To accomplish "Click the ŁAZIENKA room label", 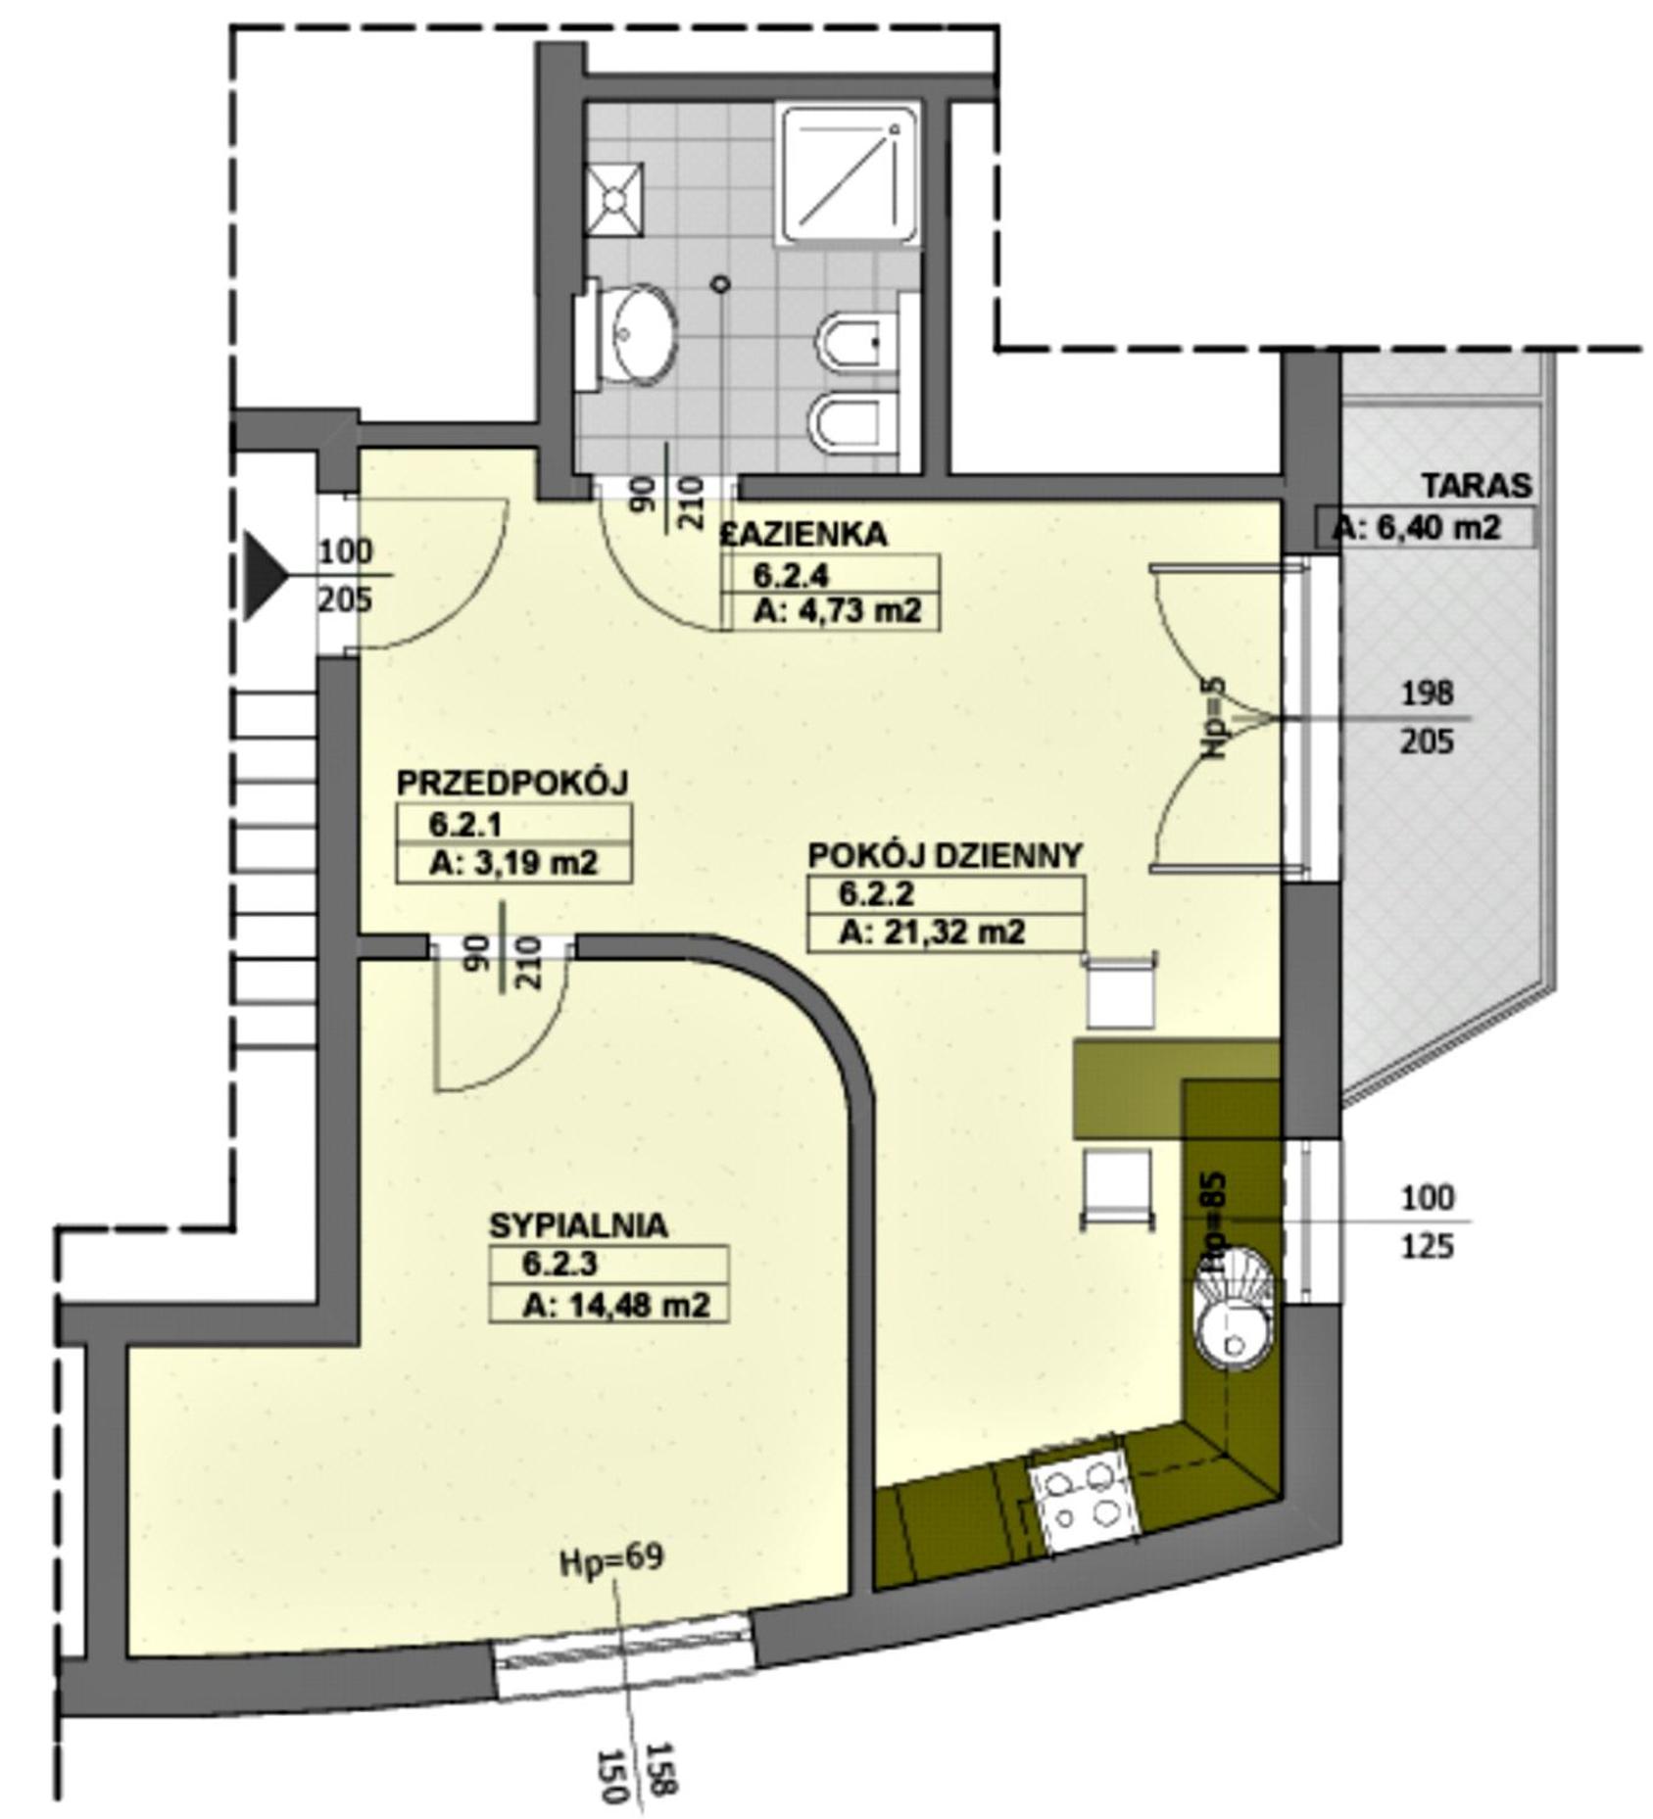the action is click(803, 535).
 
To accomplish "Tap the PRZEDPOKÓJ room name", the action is click(511, 784).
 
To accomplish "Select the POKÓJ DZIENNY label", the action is click(946, 855).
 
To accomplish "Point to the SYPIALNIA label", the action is click(579, 1225).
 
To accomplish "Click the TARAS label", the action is click(1477, 486).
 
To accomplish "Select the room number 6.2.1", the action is click(465, 825).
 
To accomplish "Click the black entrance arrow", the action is click(265, 576).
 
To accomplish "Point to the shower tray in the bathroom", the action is click(848, 173).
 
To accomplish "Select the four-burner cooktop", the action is click(1082, 1501).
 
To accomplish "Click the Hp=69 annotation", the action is click(611, 1559).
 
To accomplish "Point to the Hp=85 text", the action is click(1213, 1224).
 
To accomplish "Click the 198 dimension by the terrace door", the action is click(1426, 694).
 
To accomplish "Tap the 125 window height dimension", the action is click(1427, 1247).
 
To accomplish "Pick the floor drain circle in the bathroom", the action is click(721, 284).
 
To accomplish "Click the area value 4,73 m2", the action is click(838, 611).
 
